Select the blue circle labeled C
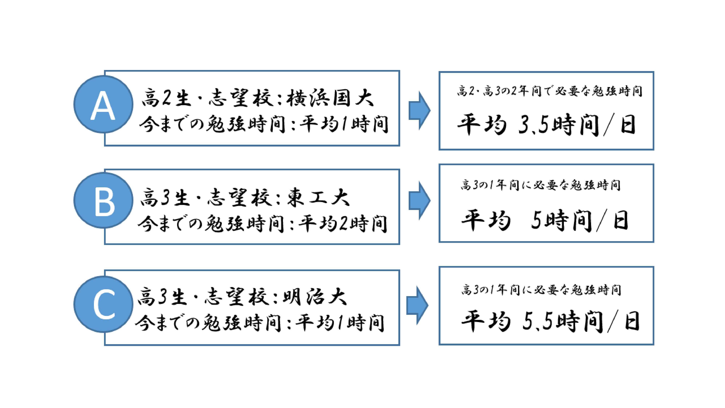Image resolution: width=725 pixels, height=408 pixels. [103, 304]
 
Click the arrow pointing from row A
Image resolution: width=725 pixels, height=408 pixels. [420, 110]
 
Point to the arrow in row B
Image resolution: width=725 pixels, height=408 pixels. [420, 201]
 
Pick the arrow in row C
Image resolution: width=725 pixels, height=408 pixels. [417, 306]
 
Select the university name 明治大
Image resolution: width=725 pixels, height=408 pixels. [314, 297]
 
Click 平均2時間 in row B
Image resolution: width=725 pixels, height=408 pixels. [343, 224]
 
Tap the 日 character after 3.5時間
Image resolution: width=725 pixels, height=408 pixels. [628, 125]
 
